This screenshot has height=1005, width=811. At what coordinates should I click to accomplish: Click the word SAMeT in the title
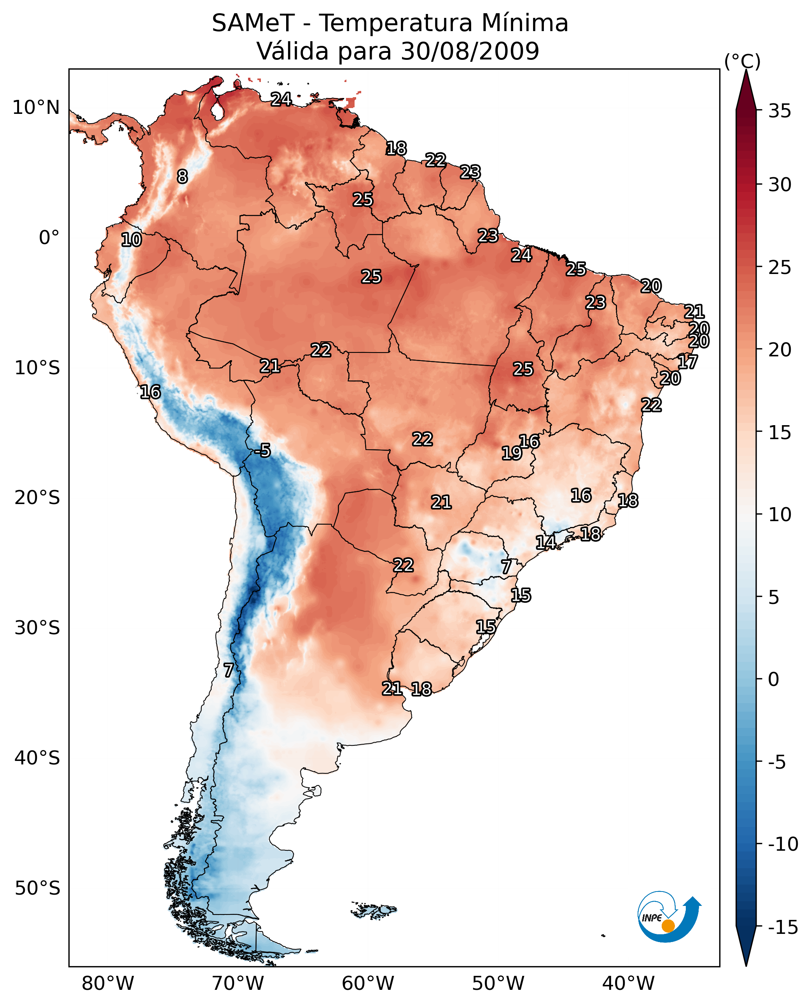tap(253, 23)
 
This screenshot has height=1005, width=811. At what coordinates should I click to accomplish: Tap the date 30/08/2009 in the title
tap(470, 51)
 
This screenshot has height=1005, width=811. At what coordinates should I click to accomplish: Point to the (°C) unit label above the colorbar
tap(742, 61)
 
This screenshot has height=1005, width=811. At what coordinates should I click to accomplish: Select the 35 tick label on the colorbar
tap(780, 111)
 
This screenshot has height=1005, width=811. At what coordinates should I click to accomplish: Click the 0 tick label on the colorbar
tap(774, 679)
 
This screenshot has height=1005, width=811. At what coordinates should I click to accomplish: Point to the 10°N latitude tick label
tap(36, 108)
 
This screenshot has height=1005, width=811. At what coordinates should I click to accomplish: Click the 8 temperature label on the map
tap(182, 176)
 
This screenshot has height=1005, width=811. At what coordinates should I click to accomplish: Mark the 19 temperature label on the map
tap(512, 453)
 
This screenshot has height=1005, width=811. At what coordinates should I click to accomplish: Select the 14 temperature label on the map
tap(545, 543)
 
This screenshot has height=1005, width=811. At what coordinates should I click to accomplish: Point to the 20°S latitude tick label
tap(37, 498)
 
